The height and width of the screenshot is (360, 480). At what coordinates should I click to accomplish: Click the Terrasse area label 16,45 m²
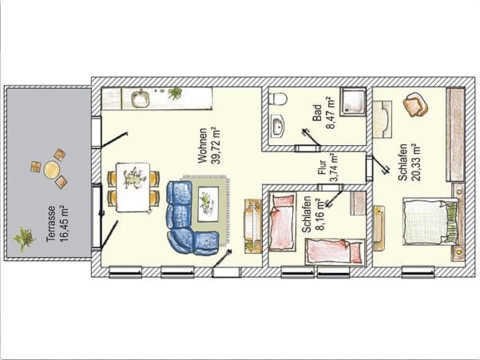point(56,223)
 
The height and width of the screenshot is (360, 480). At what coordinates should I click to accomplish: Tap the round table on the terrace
point(51,170)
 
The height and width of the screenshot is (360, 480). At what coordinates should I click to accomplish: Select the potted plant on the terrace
point(24,239)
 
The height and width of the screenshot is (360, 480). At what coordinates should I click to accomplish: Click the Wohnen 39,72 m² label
point(208,146)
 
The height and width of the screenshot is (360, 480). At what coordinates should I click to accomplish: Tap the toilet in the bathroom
point(277,98)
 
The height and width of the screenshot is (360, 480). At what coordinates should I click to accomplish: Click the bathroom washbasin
point(277,126)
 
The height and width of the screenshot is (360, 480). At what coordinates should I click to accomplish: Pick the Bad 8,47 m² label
point(323,113)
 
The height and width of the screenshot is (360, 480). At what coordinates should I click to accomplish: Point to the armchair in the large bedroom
point(415,104)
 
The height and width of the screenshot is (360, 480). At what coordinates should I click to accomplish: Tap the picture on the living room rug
point(207,204)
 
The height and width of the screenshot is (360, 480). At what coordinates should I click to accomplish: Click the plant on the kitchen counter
point(175,93)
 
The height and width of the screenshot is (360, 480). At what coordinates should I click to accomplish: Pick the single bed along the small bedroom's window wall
point(334,251)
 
